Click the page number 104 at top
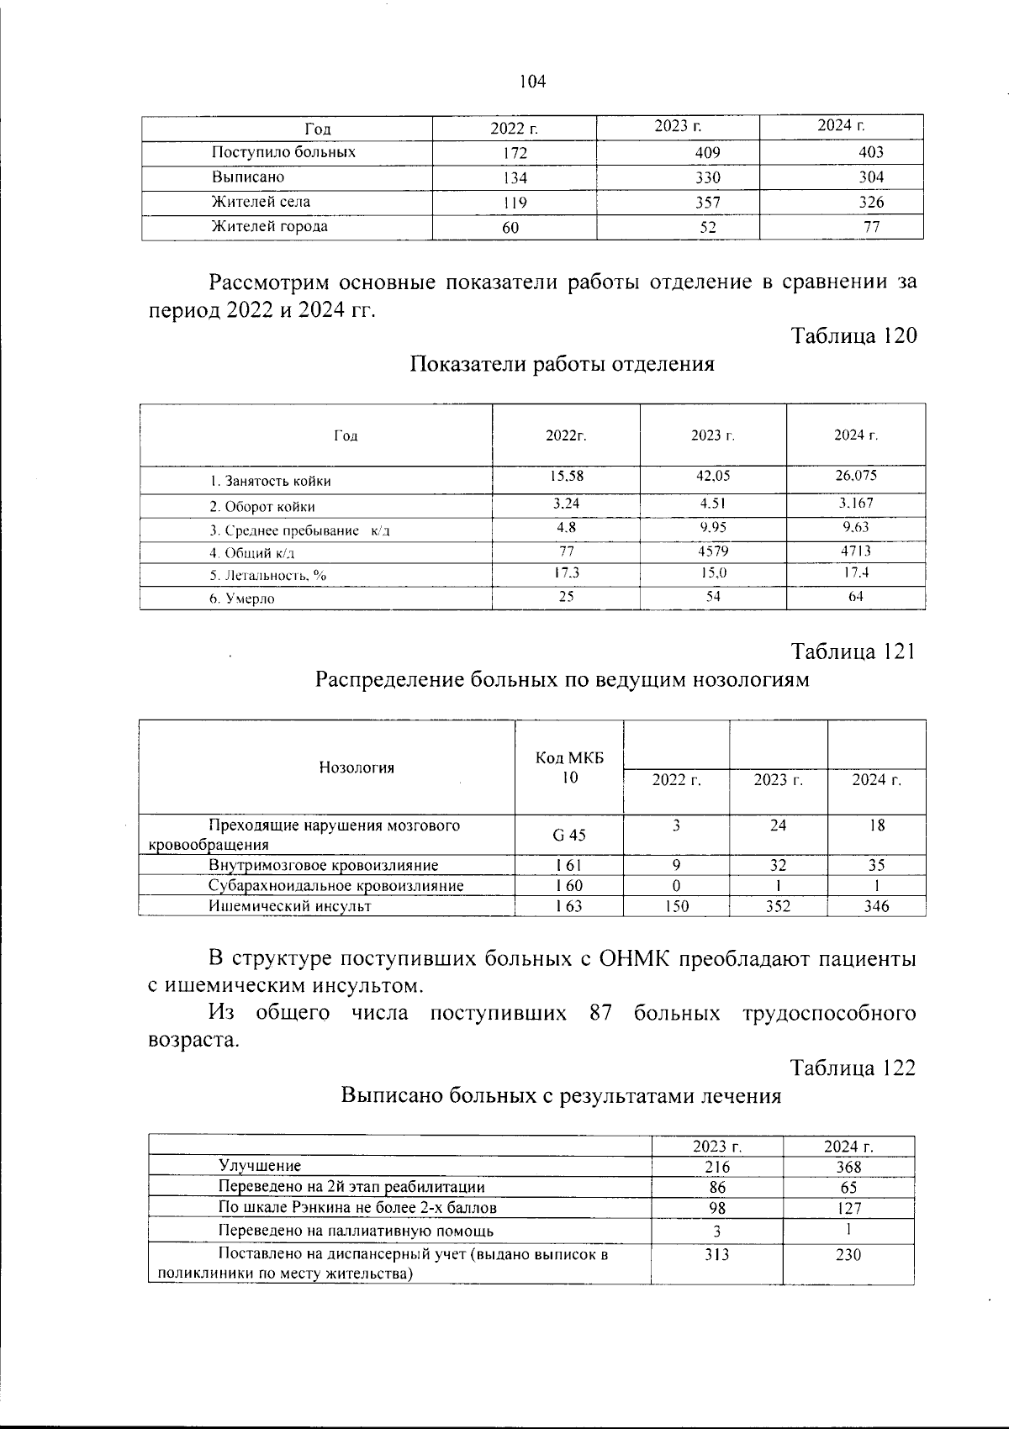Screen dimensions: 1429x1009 coord(533,82)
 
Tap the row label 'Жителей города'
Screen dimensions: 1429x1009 coord(270,227)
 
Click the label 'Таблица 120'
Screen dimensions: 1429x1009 coord(853,336)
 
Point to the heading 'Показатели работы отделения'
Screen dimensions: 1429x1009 coord(563,365)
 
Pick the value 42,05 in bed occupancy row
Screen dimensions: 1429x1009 coord(713,476)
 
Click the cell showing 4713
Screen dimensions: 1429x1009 coord(856,551)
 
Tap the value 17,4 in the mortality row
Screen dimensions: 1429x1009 coord(856,572)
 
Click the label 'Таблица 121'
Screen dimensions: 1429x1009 coord(853,652)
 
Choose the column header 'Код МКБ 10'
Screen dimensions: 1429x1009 coord(569,767)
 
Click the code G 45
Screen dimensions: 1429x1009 coord(569,836)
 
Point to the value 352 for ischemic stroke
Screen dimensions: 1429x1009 coord(779,907)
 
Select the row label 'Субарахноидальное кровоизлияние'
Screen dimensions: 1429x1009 coord(335,886)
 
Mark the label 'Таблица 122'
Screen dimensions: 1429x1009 coord(853,1068)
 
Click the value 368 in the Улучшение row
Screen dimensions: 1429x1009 coord(848,1168)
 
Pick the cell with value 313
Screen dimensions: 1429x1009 coord(717,1255)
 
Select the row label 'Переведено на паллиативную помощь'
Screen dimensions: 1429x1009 coord(356,1231)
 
